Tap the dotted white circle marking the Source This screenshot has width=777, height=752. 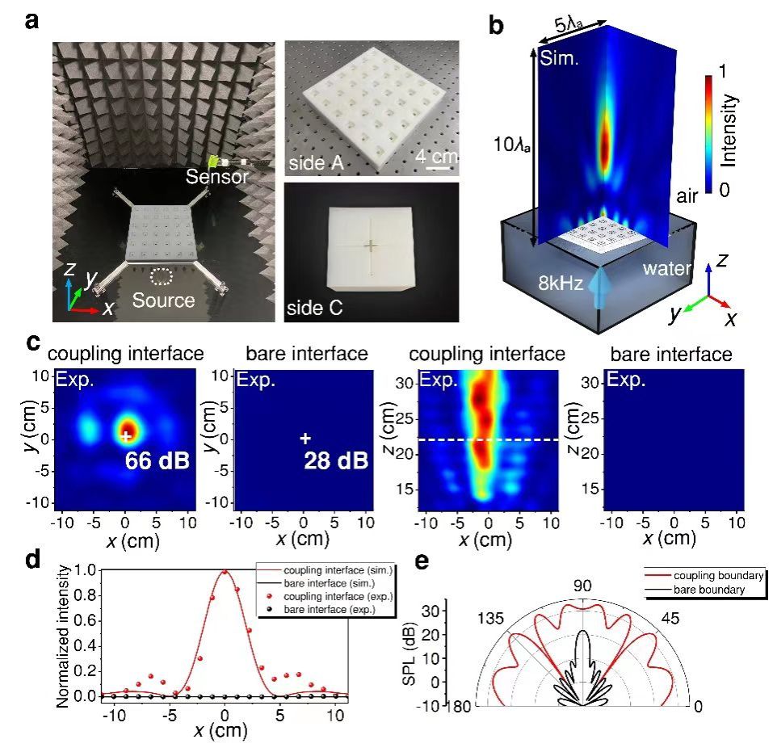(x=163, y=277)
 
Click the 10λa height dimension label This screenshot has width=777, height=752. (x=502, y=145)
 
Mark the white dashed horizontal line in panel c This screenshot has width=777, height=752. (x=485, y=439)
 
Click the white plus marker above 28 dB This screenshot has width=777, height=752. (x=304, y=438)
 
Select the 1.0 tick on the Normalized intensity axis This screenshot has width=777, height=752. (x=81, y=570)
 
